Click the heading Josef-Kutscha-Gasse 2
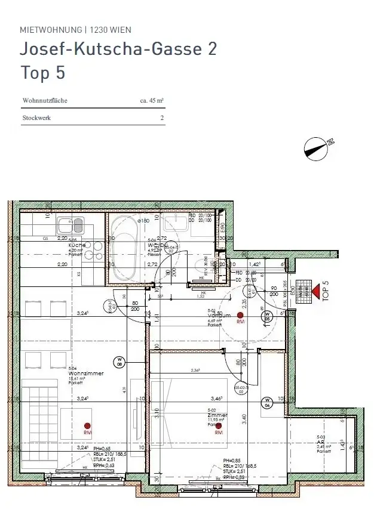point(119,49)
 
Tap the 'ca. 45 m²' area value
point(152,101)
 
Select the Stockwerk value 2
point(161,118)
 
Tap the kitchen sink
point(71,225)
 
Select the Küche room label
point(76,245)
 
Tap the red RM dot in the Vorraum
point(240,315)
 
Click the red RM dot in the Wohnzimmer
point(87,425)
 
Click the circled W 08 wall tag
point(119,362)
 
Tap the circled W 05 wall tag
point(268,316)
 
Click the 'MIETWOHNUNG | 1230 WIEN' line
point(75,29)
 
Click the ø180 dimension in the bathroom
point(143,221)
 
